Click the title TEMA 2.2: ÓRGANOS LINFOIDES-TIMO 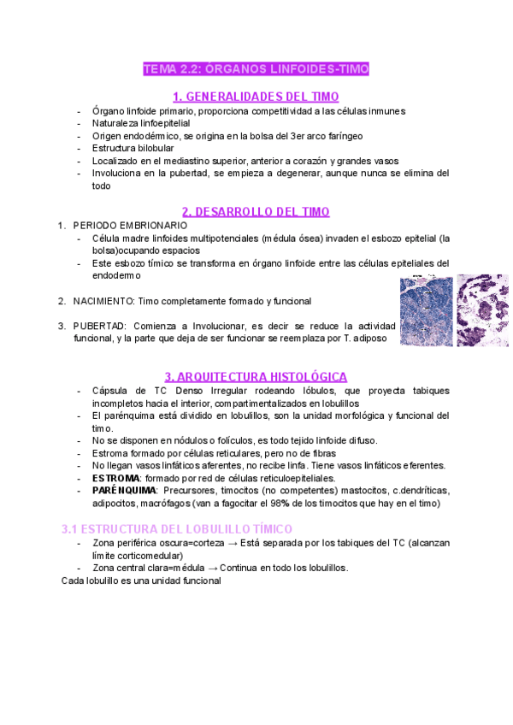[x=256, y=69]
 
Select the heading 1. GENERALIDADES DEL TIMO [x=256, y=96]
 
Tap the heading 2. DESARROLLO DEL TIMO [x=256, y=211]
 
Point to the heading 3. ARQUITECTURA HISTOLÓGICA [x=256, y=376]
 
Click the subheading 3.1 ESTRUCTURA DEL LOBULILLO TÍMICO [x=177, y=529]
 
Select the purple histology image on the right [x=482, y=309]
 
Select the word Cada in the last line [x=74, y=581]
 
